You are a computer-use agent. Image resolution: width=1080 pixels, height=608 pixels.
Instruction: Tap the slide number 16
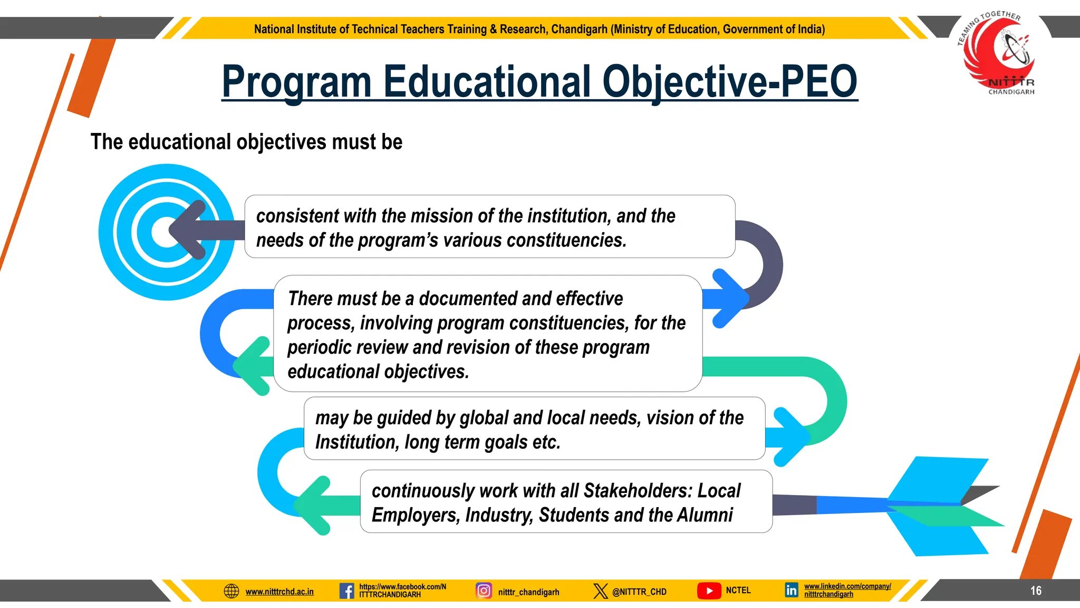coord(1036,591)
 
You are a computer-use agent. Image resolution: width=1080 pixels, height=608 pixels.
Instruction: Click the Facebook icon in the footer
coord(346,591)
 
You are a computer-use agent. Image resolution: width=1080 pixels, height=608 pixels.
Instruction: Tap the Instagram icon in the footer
coord(484,590)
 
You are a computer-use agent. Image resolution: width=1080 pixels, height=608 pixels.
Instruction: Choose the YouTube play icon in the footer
coord(709,591)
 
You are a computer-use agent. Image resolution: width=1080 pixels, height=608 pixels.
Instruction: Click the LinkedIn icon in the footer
coord(791,590)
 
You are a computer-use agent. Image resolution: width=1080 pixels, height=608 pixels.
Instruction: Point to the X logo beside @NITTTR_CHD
coord(600,591)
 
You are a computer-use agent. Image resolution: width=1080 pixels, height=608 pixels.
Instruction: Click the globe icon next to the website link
coord(232,591)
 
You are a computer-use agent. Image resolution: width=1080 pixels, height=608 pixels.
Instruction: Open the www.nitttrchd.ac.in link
coord(279,592)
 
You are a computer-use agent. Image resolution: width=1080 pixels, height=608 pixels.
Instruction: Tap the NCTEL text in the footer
coord(738,590)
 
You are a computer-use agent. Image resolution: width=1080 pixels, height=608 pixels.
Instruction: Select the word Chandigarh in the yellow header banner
coord(579,29)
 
